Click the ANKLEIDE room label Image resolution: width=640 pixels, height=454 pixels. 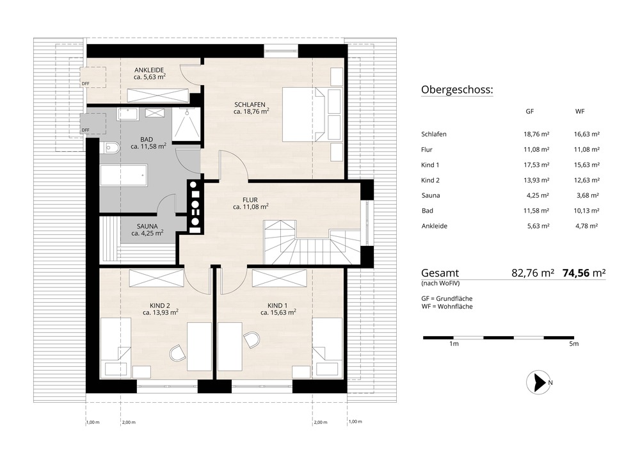[149, 70]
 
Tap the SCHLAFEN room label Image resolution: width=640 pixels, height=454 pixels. [250, 104]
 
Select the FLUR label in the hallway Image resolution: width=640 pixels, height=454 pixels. [250, 200]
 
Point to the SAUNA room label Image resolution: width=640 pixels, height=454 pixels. [147, 226]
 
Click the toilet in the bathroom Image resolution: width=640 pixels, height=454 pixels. [110, 148]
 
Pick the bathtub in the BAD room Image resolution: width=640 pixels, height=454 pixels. [124, 175]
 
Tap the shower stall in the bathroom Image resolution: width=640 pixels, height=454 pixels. [186, 124]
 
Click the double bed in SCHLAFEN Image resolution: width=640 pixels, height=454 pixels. [305, 114]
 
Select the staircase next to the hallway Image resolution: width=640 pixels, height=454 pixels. [312, 243]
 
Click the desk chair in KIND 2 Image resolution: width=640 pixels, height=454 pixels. [177, 353]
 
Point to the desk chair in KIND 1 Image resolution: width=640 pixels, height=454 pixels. [252, 339]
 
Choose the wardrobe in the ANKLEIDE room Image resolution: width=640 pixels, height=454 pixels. [158, 95]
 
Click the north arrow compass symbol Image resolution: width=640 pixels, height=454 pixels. [538, 382]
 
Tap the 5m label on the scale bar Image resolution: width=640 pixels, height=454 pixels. [574, 344]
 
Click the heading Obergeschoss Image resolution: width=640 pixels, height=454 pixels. [457, 90]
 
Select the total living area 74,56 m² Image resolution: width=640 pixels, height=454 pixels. [584, 273]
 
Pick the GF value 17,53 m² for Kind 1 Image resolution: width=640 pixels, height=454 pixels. [536, 165]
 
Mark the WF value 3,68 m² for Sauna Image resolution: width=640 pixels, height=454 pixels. [588, 195]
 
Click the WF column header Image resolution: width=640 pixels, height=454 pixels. [580, 111]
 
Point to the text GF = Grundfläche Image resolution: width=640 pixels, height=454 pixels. [447, 298]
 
